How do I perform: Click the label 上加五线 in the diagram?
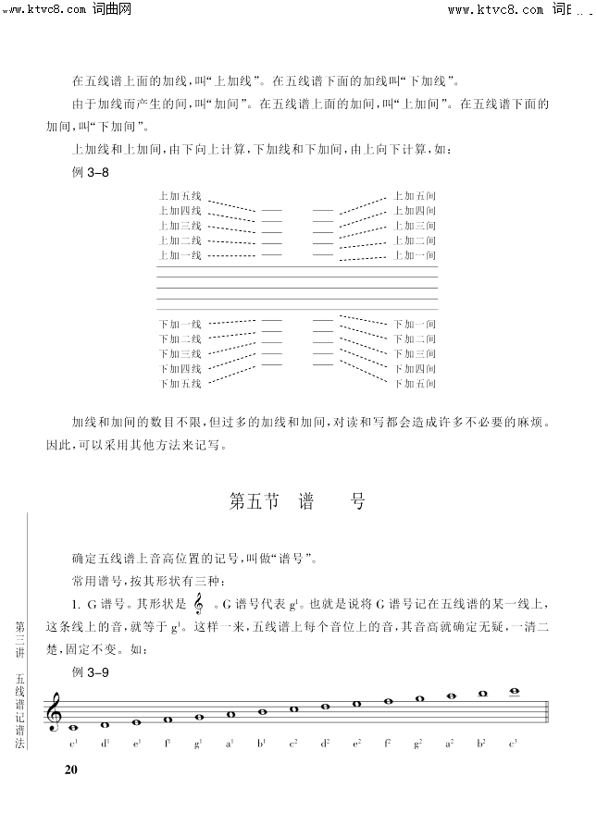coord(180,196)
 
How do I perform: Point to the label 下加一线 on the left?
coord(180,325)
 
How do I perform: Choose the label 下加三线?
coord(180,353)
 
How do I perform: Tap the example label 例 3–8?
coord(91,174)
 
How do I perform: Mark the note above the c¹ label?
coord(73,728)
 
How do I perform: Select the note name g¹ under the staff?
coord(199,743)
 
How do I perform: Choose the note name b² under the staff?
coord(482,743)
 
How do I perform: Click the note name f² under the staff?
coord(388,743)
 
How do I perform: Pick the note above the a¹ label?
coord(230,714)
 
